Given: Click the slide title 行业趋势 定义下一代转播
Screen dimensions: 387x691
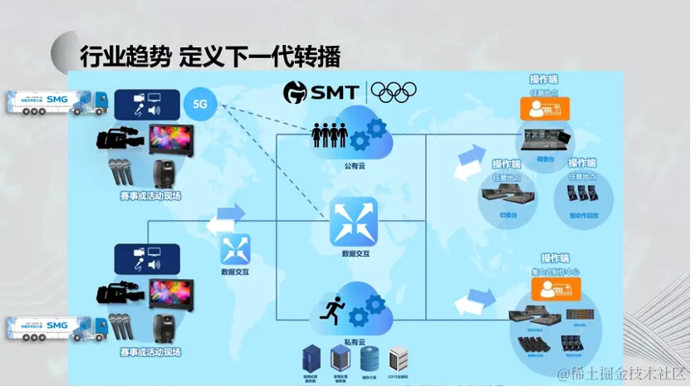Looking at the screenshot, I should click(x=210, y=57).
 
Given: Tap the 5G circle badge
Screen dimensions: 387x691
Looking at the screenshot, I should click(x=199, y=105).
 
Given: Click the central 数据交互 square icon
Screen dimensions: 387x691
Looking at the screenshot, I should click(x=354, y=221).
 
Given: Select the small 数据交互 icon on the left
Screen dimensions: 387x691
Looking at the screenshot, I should click(x=235, y=248).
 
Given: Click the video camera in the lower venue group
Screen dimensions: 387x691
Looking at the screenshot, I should click(x=120, y=293).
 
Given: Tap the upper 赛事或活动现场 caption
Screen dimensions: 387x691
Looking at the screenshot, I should click(x=149, y=197).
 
